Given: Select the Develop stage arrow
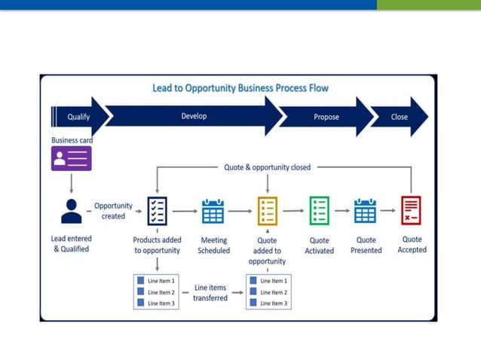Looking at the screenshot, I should (x=194, y=116).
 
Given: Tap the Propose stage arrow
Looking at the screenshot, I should (x=326, y=117).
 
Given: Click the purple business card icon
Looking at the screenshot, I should (x=72, y=158).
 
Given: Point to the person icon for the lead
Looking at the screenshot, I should (x=72, y=211).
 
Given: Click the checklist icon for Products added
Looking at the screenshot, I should (x=157, y=211).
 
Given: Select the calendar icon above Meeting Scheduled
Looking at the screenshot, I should (x=213, y=212).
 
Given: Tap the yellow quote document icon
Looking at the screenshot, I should (x=268, y=211).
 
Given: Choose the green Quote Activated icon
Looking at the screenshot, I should (x=319, y=211).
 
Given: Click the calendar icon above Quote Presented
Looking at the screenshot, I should (x=366, y=212).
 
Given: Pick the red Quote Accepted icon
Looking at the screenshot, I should (x=412, y=211).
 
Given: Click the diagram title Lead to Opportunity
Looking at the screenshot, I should (x=240, y=88).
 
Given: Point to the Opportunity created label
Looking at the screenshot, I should (x=113, y=211).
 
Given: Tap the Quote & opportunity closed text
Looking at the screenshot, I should (x=267, y=167).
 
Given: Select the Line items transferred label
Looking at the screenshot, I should (x=210, y=292).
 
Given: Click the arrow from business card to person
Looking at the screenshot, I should (x=72, y=185).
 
